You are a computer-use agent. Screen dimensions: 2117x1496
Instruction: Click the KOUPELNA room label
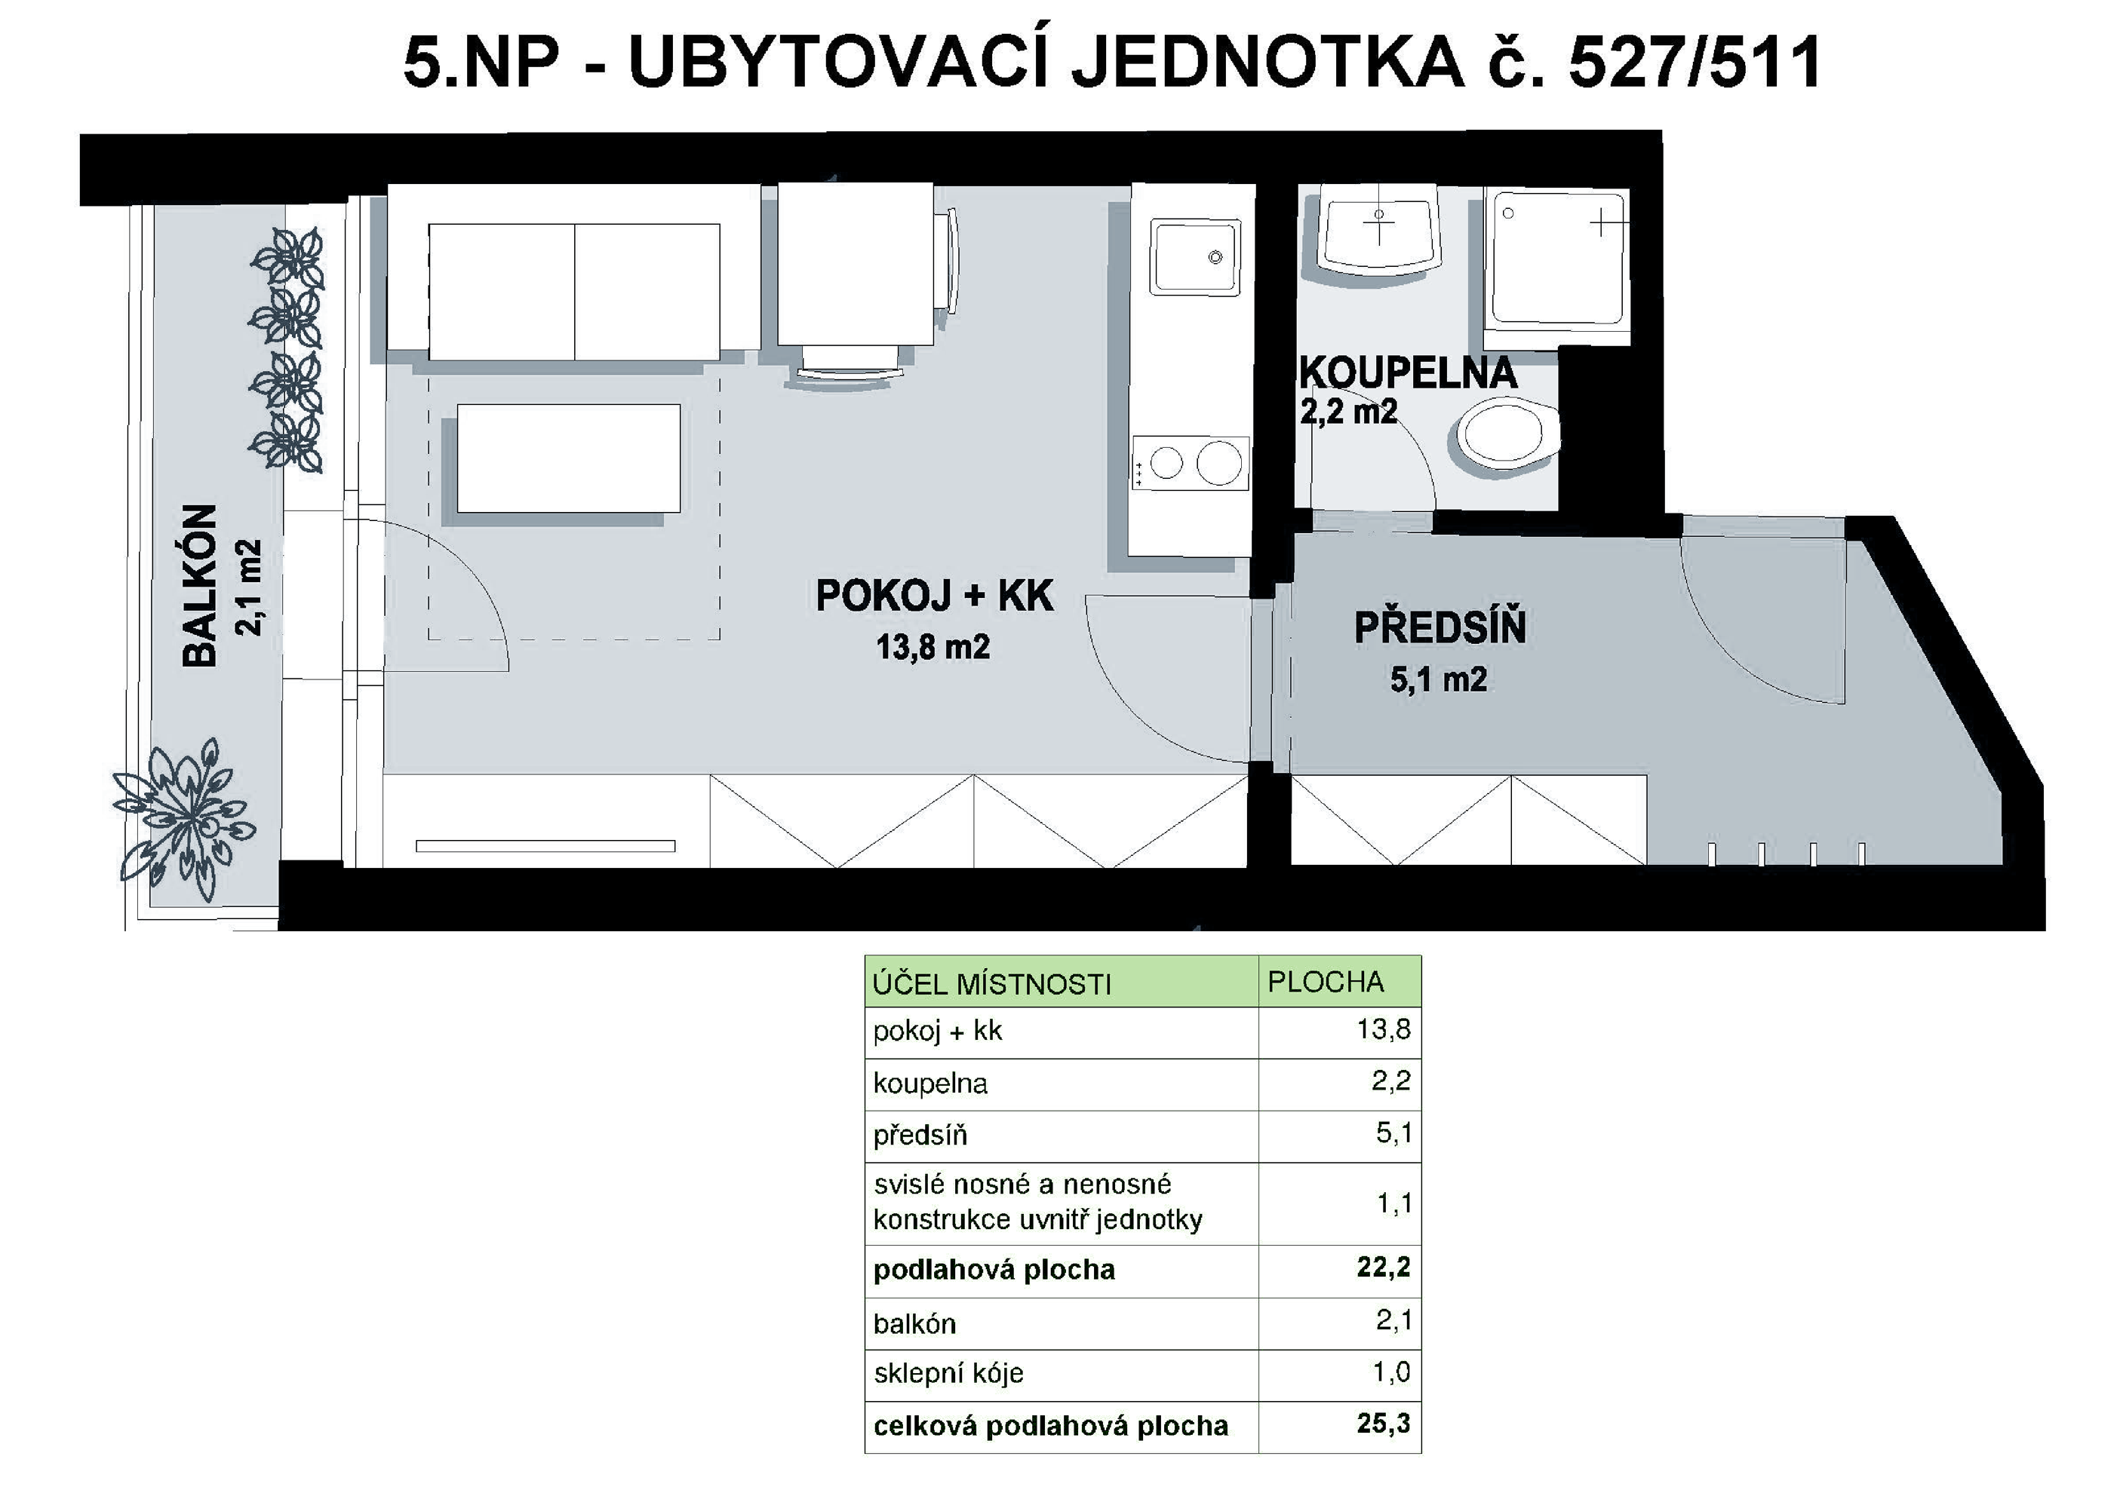[x=1408, y=373]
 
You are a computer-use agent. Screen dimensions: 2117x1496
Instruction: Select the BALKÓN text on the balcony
[x=200, y=585]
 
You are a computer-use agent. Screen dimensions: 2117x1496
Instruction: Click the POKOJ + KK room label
[x=934, y=596]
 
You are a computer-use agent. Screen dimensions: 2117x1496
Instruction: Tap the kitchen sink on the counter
[x=1195, y=257]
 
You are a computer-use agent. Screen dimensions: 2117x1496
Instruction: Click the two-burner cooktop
[x=1191, y=463]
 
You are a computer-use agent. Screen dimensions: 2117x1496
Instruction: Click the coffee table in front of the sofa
[x=569, y=458]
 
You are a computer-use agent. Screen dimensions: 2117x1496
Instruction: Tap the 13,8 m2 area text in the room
[x=933, y=647]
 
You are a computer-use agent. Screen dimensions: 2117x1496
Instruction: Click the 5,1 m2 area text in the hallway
[x=1439, y=680]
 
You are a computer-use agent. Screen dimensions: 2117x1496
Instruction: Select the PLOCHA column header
[x=1325, y=982]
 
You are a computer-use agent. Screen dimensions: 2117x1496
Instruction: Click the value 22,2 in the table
[x=1383, y=1268]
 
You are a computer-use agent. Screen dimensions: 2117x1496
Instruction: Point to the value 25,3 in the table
[x=1383, y=1424]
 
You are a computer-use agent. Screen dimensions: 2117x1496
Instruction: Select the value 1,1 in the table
[x=1393, y=1203]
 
